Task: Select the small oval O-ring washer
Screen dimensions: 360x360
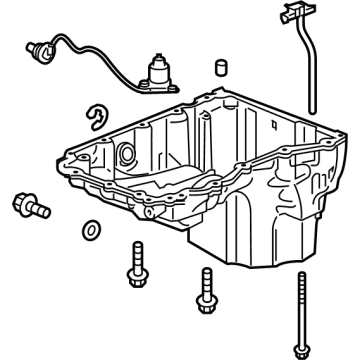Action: tap(91, 229)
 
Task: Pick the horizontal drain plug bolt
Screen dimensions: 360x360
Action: tap(29, 207)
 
